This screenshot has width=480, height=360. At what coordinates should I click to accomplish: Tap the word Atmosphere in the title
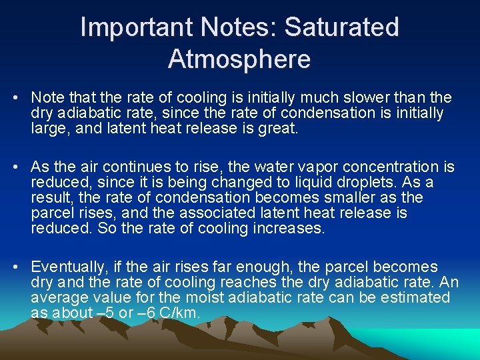pyautogui.click(x=239, y=59)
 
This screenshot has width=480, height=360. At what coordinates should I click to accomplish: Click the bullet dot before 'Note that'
pyautogui.click(x=15, y=98)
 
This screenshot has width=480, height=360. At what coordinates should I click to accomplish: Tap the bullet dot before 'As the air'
pyautogui.click(x=15, y=167)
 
